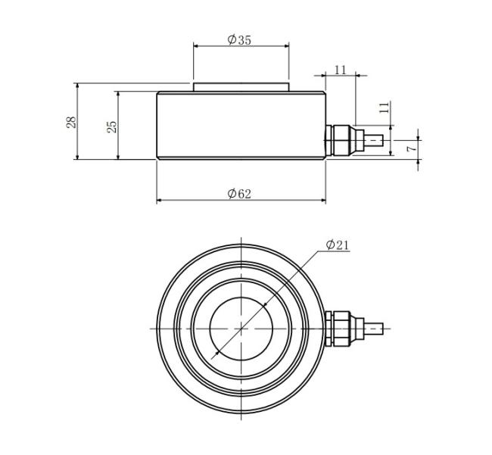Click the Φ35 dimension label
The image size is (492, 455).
click(239, 40)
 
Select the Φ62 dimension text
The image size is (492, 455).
click(239, 194)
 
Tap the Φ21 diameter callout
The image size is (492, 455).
click(338, 245)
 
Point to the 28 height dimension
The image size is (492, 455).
click(71, 122)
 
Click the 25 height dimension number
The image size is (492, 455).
click(112, 126)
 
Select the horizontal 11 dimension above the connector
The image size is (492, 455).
click(340, 70)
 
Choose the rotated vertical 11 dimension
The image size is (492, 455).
click(385, 108)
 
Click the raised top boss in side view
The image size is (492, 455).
click(241, 87)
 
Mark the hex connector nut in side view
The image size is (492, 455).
click(341, 140)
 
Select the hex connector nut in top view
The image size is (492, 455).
click(341, 329)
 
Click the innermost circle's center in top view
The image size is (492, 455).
click(241, 329)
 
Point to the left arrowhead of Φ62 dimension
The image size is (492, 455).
click(159, 199)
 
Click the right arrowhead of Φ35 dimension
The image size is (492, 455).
click(286, 46)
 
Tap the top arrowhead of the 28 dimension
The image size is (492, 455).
click(77, 86)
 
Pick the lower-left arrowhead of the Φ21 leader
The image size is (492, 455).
click(215, 355)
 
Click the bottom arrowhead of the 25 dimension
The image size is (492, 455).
click(118, 157)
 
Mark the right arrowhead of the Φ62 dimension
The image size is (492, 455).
click(323, 199)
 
